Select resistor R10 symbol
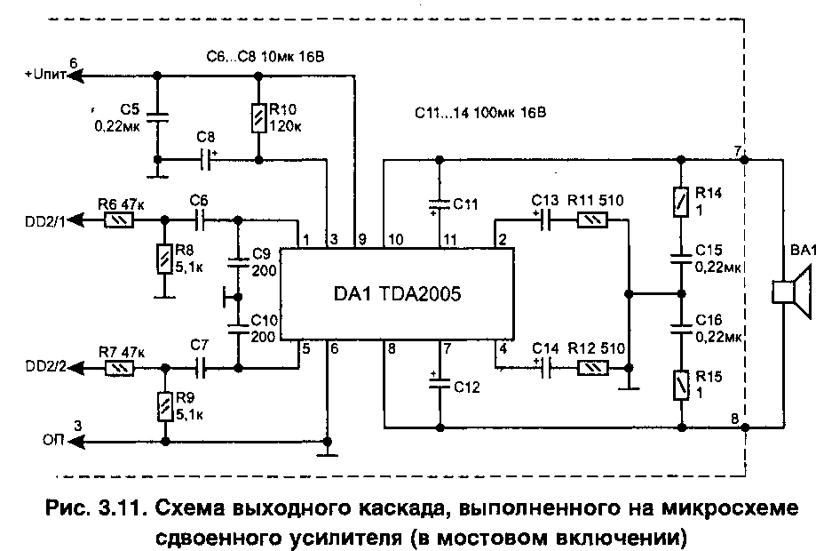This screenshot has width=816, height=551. coord(258,116)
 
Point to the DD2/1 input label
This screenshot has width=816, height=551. coord(44,220)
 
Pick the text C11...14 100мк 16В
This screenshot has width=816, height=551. coord(479,114)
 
